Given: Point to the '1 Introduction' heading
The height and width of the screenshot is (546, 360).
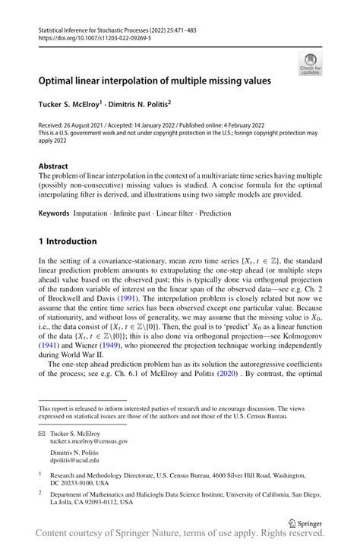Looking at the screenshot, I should [68, 241].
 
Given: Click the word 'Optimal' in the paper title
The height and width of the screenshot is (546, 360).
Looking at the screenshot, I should [60, 79].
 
